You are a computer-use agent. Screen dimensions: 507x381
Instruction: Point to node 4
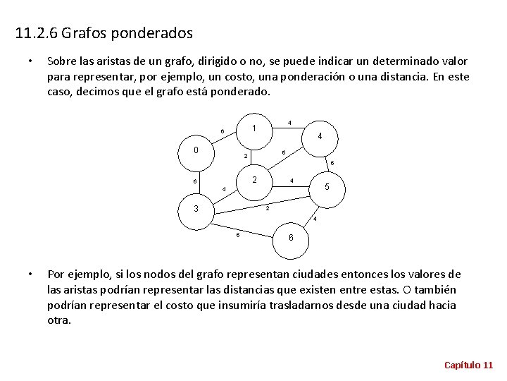(x=320, y=136)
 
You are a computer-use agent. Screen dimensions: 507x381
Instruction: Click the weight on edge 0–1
(x=222, y=131)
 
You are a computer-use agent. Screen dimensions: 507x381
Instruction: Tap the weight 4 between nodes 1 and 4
(x=290, y=123)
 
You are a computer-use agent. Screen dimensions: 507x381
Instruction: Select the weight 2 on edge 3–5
(x=268, y=207)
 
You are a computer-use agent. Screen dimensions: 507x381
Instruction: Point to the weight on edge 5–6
(x=315, y=219)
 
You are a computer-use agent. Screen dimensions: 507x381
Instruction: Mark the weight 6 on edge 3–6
(x=238, y=234)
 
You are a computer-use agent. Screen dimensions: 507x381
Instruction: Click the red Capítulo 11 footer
(x=468, y=364)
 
